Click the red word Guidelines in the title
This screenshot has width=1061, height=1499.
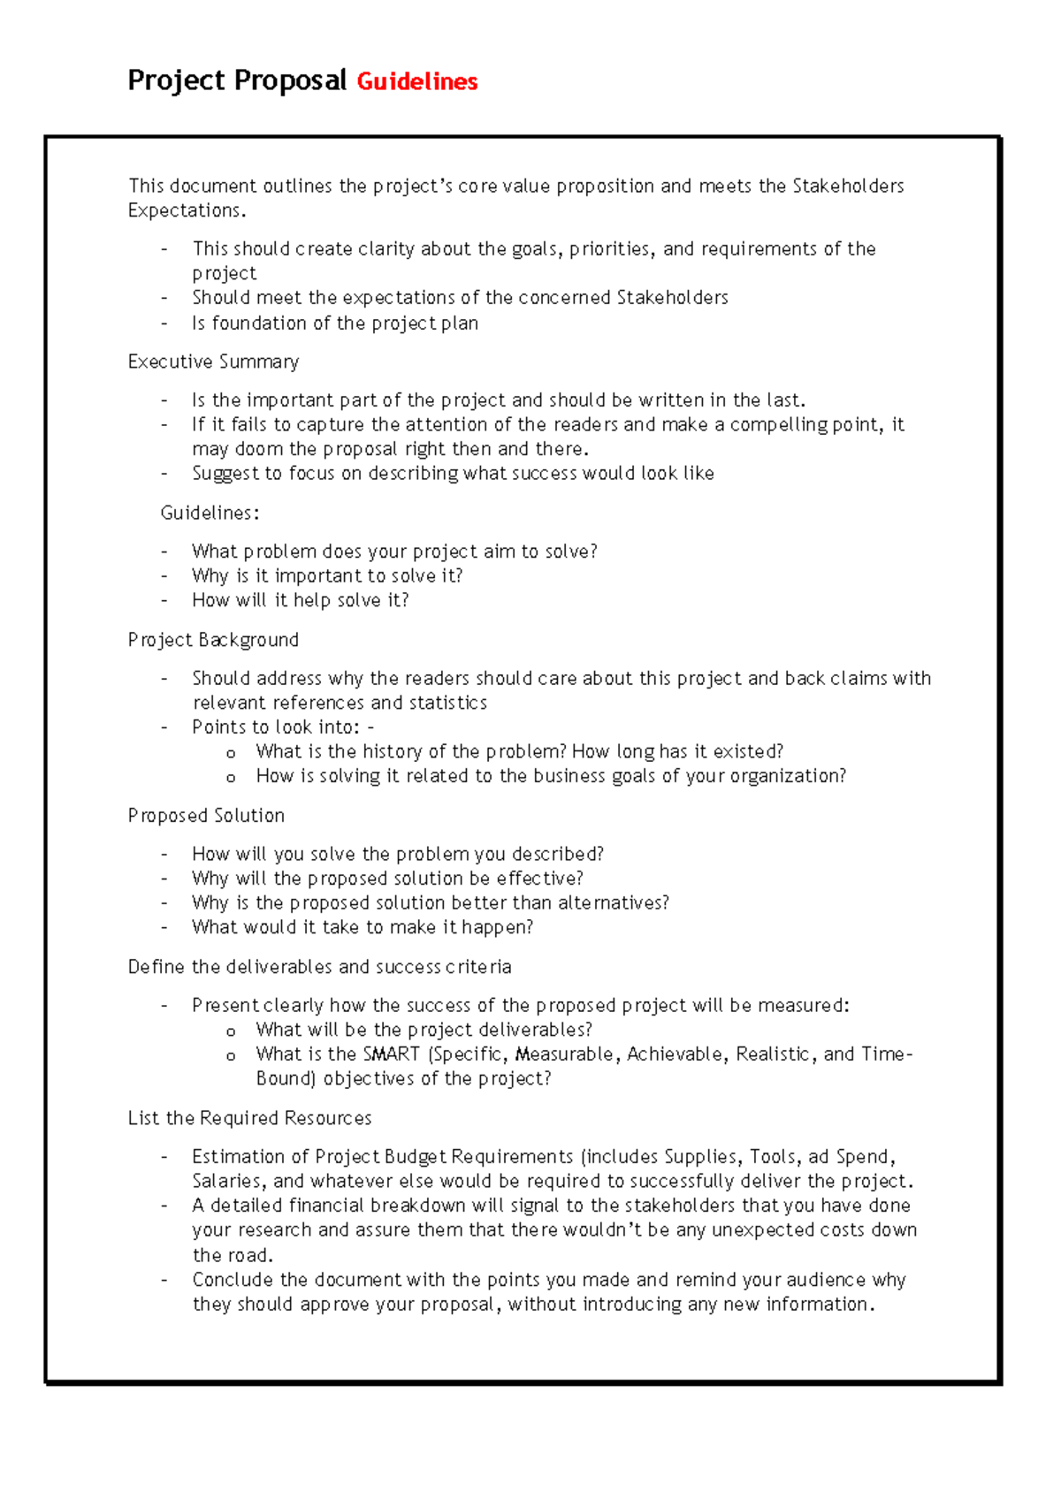[416, 82]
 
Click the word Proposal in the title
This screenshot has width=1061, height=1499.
[290, 80]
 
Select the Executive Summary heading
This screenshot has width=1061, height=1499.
[213, 361]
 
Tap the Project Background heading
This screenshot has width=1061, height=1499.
[213, 640]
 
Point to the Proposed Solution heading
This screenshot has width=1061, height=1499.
[206, 816]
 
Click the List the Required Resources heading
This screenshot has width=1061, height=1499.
[249, 1118]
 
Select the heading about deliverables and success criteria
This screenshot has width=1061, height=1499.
[319, 967]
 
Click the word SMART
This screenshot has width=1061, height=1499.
[391, 1054]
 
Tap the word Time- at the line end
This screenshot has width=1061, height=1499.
[887, 1054]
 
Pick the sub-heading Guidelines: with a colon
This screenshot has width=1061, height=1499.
[210, 513]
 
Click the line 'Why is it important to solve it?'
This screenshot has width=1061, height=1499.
[327, 576]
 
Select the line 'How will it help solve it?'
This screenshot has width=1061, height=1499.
[300, 600]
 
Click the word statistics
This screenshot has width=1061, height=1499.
[447, 703]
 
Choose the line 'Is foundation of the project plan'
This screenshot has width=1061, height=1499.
[335, 323]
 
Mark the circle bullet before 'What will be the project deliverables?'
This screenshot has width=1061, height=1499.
[231, 1031]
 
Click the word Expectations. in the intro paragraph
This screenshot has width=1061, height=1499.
[187, 210]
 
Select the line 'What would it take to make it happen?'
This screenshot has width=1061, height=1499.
[363, 927]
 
